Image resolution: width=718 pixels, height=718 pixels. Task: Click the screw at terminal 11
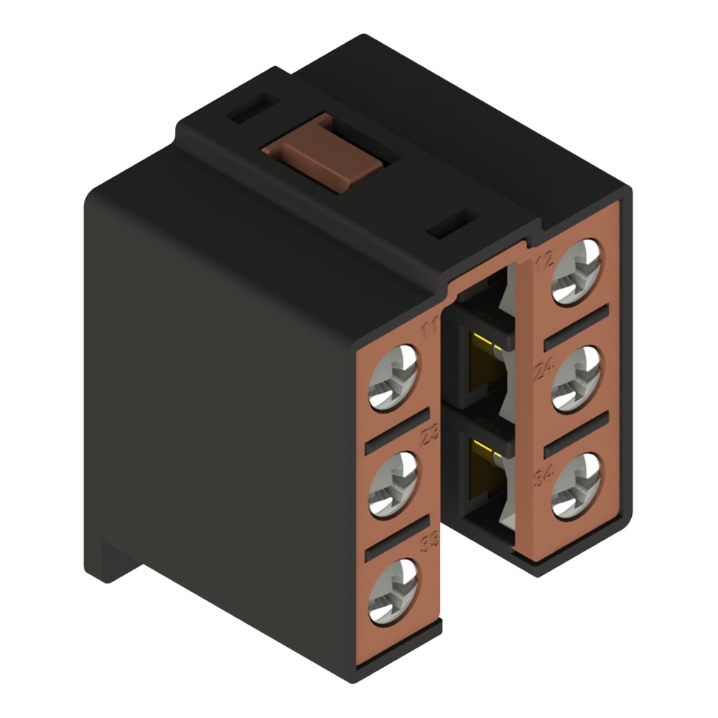pos(393,376)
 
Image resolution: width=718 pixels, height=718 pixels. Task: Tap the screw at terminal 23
pos(393,484)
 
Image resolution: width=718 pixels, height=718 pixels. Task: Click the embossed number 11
pos(430,331)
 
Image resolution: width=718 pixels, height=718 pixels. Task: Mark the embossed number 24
pos(543,369)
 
